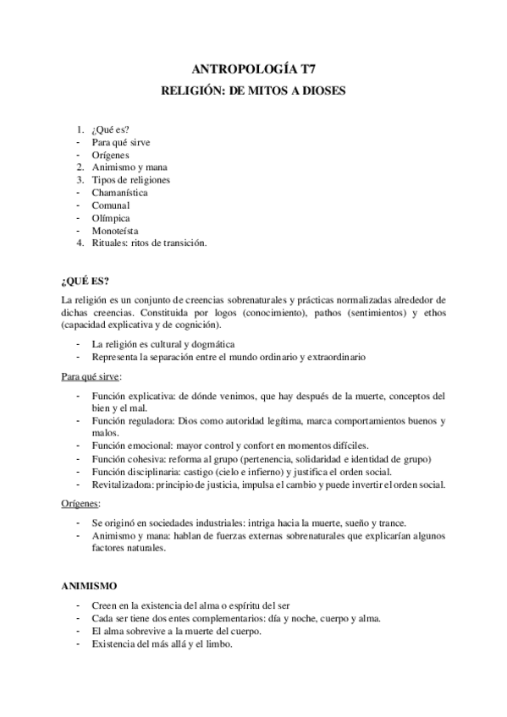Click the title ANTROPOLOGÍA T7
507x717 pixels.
tap(253, 71)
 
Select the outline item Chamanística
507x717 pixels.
tap(119, 193)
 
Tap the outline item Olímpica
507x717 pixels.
tap(110, 218)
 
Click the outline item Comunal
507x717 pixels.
tap(111, 205)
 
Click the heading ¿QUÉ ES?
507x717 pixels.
tap(85, 281)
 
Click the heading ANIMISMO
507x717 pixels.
tap(90, 584)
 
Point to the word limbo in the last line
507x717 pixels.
tap(215, 643)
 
